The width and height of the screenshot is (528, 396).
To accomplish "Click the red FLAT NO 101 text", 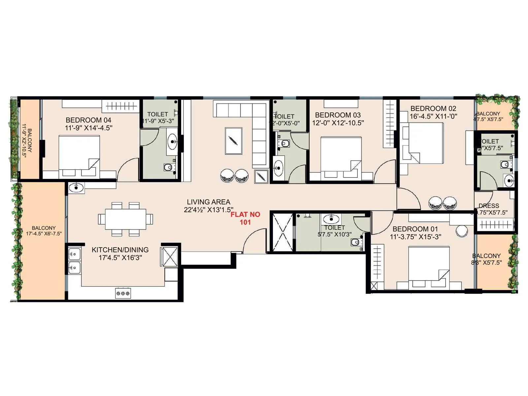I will tap(245, 218).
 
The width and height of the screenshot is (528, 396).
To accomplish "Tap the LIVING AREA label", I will tap(209, 202).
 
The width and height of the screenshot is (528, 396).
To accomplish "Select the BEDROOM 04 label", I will tap(88, 120).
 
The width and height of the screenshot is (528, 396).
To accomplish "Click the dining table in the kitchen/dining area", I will tap(125, 219).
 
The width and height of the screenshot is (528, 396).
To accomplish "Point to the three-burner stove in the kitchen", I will tap(123, 293).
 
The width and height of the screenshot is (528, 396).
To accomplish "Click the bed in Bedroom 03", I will tap(341, 155).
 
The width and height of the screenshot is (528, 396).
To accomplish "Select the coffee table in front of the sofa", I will tap(233, 141).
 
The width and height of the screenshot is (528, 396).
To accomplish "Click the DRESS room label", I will tap(489, 206).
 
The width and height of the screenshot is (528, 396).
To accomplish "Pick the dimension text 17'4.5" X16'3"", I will tap(120, 258).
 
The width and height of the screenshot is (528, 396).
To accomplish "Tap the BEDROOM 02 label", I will tap(433, 109).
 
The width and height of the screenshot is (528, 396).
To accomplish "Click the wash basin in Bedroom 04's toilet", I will tap(172, 142).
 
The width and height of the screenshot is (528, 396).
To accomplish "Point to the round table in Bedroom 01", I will tap(462, 231).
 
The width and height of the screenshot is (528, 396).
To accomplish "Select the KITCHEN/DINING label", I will tap(120, 250).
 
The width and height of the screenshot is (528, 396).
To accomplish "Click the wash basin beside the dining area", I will tap(77, 188).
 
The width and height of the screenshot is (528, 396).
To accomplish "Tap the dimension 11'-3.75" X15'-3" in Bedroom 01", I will tap(415, 237).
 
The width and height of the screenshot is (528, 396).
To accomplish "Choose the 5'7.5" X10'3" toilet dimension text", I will tap(335, 235).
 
